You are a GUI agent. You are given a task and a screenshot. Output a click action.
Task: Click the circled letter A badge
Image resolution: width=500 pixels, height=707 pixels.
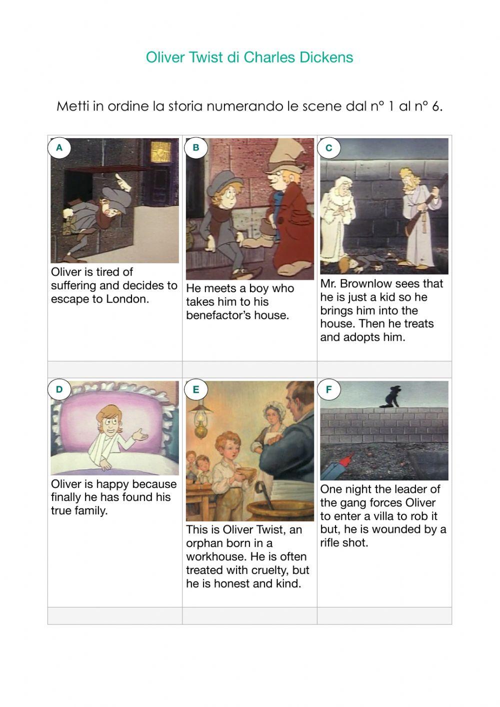(x=59, y=148)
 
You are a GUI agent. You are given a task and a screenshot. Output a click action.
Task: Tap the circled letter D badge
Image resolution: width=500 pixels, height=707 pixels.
(x=59, y=389)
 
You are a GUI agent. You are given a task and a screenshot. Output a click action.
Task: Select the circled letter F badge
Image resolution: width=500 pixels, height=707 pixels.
(x=328, y=389)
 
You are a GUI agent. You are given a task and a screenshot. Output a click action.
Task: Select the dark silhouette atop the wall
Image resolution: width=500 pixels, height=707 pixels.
(x=390, y=396)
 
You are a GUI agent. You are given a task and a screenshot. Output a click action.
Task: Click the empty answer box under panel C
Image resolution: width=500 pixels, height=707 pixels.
(x=384, y=370)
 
